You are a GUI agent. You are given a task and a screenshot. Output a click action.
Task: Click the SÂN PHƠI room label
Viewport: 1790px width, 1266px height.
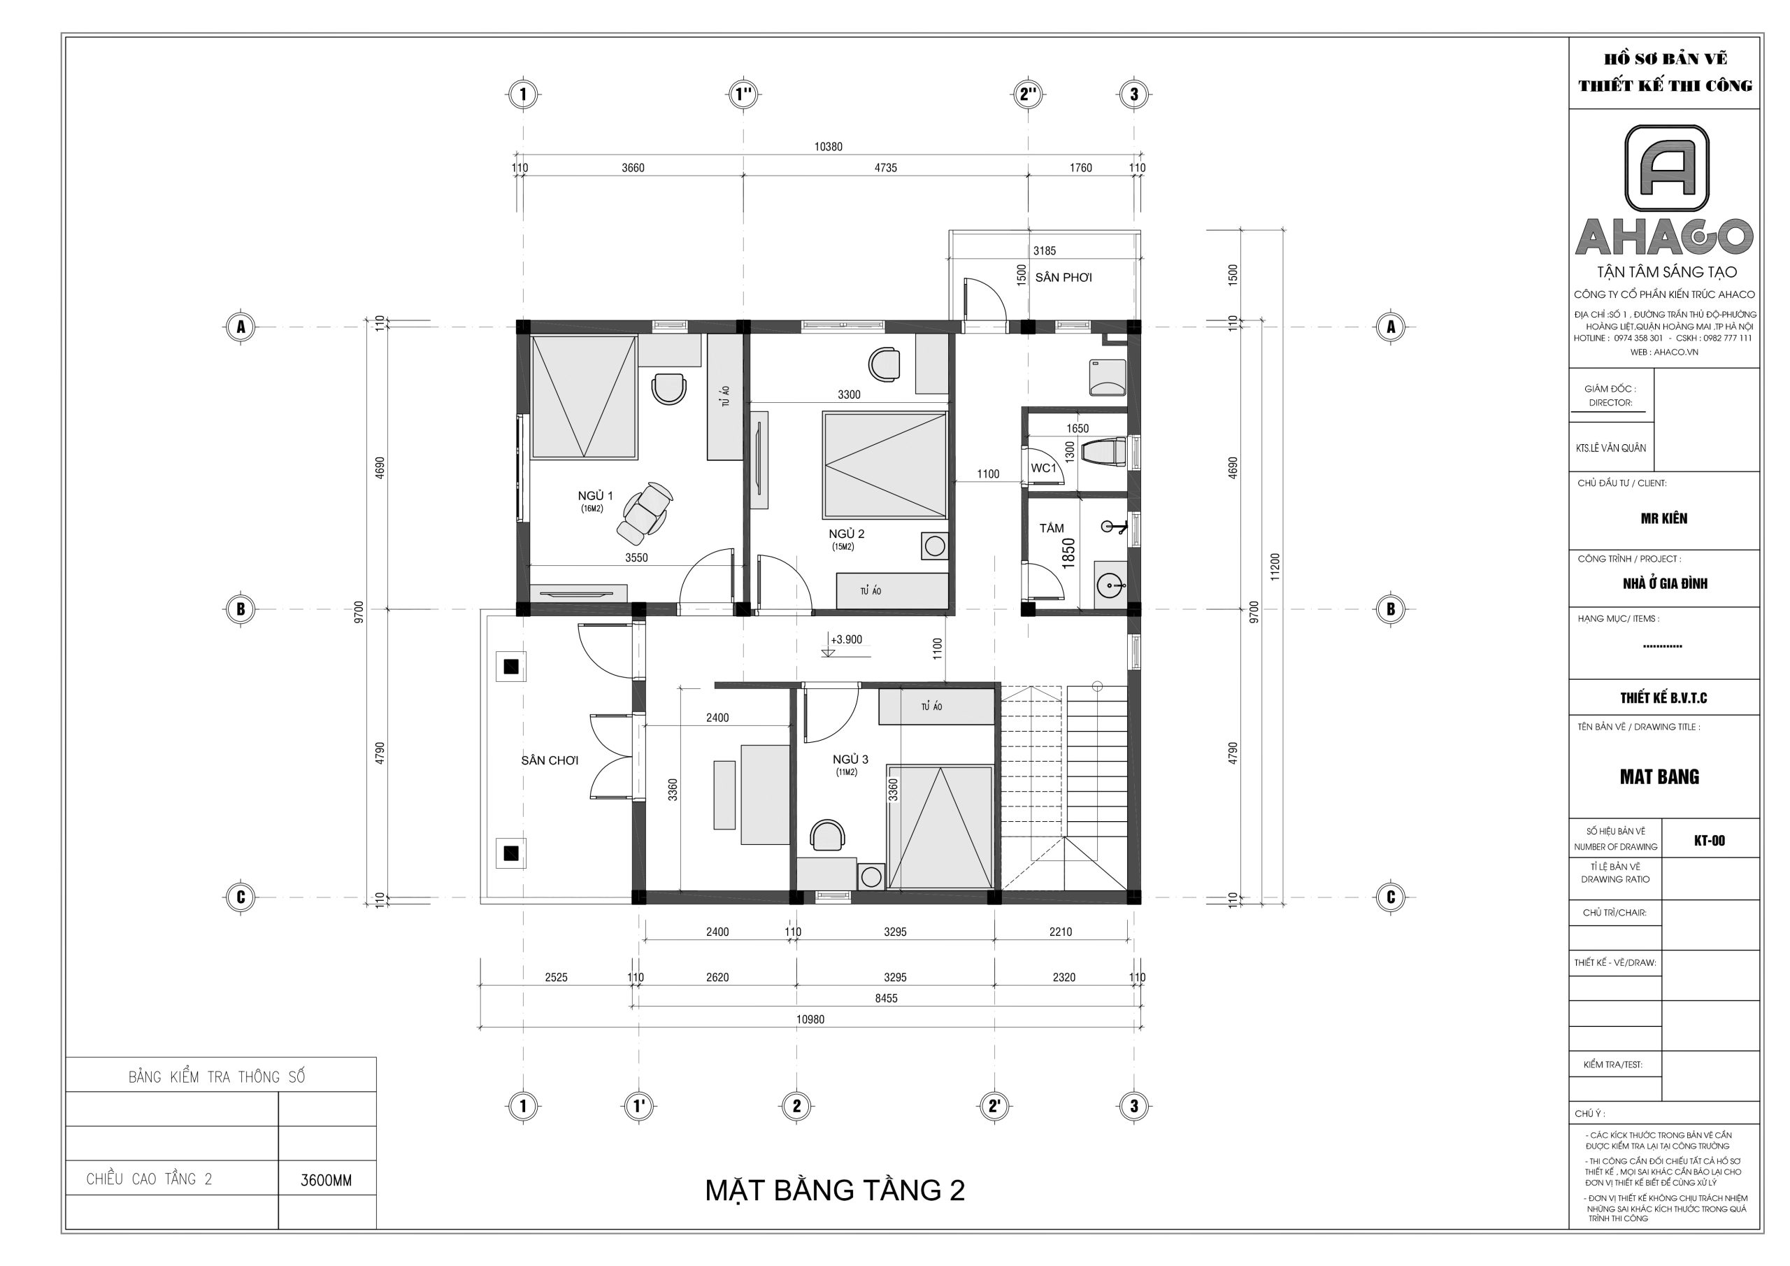pyautogui.click(x=1064, y=278)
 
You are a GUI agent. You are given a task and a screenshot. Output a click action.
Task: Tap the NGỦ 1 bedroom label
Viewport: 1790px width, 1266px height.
pyautogui.click(x=595, y=496)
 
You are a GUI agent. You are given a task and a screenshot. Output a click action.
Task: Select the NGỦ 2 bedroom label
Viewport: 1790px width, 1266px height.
pyautogui.click(x=846, y=534)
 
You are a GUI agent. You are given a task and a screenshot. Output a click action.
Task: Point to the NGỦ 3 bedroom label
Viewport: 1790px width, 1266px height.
pyautogui.click(x=850, y=760)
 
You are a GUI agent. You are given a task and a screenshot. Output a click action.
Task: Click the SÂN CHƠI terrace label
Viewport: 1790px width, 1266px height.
pyautogui.click(x=550, y=760)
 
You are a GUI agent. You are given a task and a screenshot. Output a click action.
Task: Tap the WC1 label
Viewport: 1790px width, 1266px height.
pyautogui.click(x=1043, y=468)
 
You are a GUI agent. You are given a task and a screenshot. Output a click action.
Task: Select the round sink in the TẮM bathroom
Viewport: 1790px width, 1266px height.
pyautogui.click(x=1110, y=583)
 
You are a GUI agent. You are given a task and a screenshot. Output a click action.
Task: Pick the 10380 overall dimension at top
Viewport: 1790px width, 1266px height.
pyautogui.click(x=828, y=147)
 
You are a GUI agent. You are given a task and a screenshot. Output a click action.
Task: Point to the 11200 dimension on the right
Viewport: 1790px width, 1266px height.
pyautogui.click(x=1275, y=567)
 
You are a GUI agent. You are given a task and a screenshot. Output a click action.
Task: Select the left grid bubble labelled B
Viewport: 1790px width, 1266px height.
pyautogui.click(x=240, y=609)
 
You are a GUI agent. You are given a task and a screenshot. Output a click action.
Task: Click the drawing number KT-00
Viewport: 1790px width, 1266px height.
pyautogui.click(x=1709, y=840)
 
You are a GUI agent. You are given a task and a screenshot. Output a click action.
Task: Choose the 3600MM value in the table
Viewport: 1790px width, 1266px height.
pyautogui.click(x=326, y=1181)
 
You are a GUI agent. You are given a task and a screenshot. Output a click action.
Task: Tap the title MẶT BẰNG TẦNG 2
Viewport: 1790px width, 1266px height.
pyautogui.click(x=835, y=1190)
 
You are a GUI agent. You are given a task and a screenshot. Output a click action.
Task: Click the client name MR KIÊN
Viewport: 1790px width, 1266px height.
pyautogui.click(x=1663, y=518)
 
